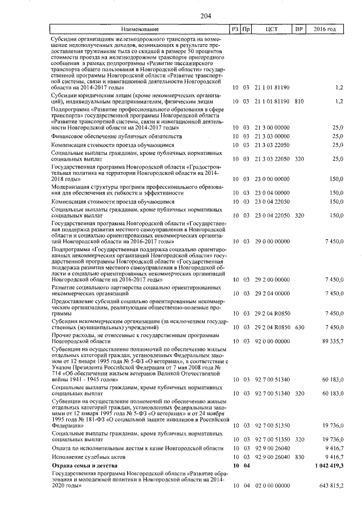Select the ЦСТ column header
tap(272, 29)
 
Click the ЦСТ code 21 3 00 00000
tap(272, 128)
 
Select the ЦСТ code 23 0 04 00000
tap(272, 193)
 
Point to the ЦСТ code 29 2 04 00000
tap(272, 293)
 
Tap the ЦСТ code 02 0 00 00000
tap(272, 485)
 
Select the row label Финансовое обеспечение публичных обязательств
tap(117, 136)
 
